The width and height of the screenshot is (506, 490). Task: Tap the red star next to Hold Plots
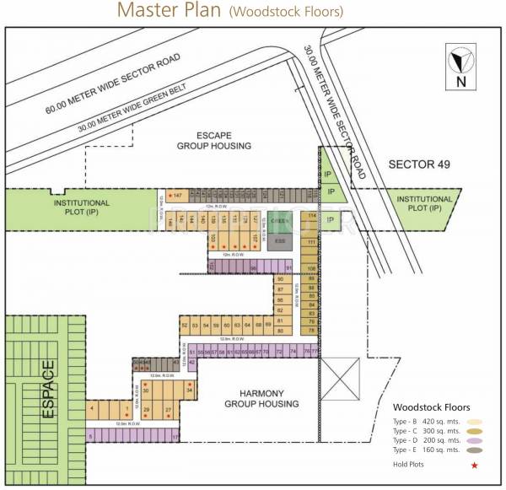475,465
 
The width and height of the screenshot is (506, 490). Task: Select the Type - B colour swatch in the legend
475,421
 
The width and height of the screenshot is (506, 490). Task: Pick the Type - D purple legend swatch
475,440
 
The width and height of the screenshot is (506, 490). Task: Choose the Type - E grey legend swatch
475,450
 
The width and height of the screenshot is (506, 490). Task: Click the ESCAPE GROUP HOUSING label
213,140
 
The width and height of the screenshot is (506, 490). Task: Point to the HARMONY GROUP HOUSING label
261,399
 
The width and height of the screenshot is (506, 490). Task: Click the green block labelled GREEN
280,223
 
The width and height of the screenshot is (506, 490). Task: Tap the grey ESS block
280,241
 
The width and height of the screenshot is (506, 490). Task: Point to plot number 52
184,325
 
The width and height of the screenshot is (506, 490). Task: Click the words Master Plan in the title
169,11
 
